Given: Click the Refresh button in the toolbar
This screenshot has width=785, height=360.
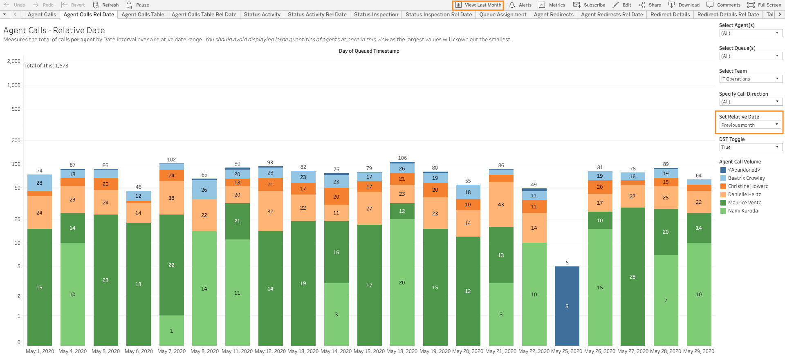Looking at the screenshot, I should click(106, 5).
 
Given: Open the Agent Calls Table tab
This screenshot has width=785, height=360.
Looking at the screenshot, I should click(143, 14).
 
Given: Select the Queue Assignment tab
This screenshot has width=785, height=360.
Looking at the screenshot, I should click(502, 14).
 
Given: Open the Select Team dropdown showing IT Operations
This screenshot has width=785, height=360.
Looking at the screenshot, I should click(750, 79).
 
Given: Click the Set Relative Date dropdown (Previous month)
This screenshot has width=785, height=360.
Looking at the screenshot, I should click(750, 125).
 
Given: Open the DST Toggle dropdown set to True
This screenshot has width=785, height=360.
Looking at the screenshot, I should click(750, 147).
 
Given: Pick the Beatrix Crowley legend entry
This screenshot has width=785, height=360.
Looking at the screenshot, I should click(746, 178).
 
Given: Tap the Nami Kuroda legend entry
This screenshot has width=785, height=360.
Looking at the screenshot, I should click(742, 211).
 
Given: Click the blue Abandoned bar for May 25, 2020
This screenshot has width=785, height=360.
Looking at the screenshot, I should click(567, 306).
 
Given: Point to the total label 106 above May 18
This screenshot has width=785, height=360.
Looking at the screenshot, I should click(402, 158).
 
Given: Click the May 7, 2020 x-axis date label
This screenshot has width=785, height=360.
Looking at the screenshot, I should click(171, 351).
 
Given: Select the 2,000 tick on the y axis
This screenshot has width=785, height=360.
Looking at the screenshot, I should click(13, 61).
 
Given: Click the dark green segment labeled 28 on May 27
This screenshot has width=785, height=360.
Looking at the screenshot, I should click(632, 277).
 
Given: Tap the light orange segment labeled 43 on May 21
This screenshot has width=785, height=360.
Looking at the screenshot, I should click(501, 204).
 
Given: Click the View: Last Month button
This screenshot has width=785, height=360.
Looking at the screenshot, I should click(478, 5).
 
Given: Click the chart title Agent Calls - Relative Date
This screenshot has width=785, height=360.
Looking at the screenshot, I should click(54, 30).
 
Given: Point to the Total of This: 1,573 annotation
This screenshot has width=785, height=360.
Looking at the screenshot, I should click(46, 66).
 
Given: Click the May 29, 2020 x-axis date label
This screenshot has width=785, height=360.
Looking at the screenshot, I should click(698, 351).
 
